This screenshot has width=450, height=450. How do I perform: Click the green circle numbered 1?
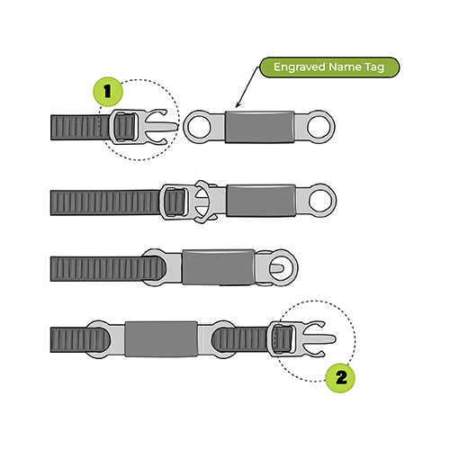pos(108,92)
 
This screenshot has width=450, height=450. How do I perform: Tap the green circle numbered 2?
pos(340,378)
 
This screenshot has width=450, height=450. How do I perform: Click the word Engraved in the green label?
pos(300,67)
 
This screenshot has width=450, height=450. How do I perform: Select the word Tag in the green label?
pos(374,67)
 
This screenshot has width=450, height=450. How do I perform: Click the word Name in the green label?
pos(346,67)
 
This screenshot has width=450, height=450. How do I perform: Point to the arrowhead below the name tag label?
pos(238,104)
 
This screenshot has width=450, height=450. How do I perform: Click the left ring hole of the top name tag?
pos(199,127)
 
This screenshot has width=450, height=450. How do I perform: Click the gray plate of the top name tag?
pos(259,127)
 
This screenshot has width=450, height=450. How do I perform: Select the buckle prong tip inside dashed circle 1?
pos(176,126)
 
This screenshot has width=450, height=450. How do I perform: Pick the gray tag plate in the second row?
pos(261,201)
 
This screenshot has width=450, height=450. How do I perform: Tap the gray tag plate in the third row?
pos(219,267)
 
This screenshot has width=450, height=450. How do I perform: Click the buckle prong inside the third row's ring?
pos(277,267)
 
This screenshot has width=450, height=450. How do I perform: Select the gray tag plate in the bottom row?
pos(161,339)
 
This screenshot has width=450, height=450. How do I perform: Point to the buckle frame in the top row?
pos(123,127)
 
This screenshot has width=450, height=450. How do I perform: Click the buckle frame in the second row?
pos(174,201)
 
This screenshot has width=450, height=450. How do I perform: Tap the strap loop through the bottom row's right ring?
pos(223,339)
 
